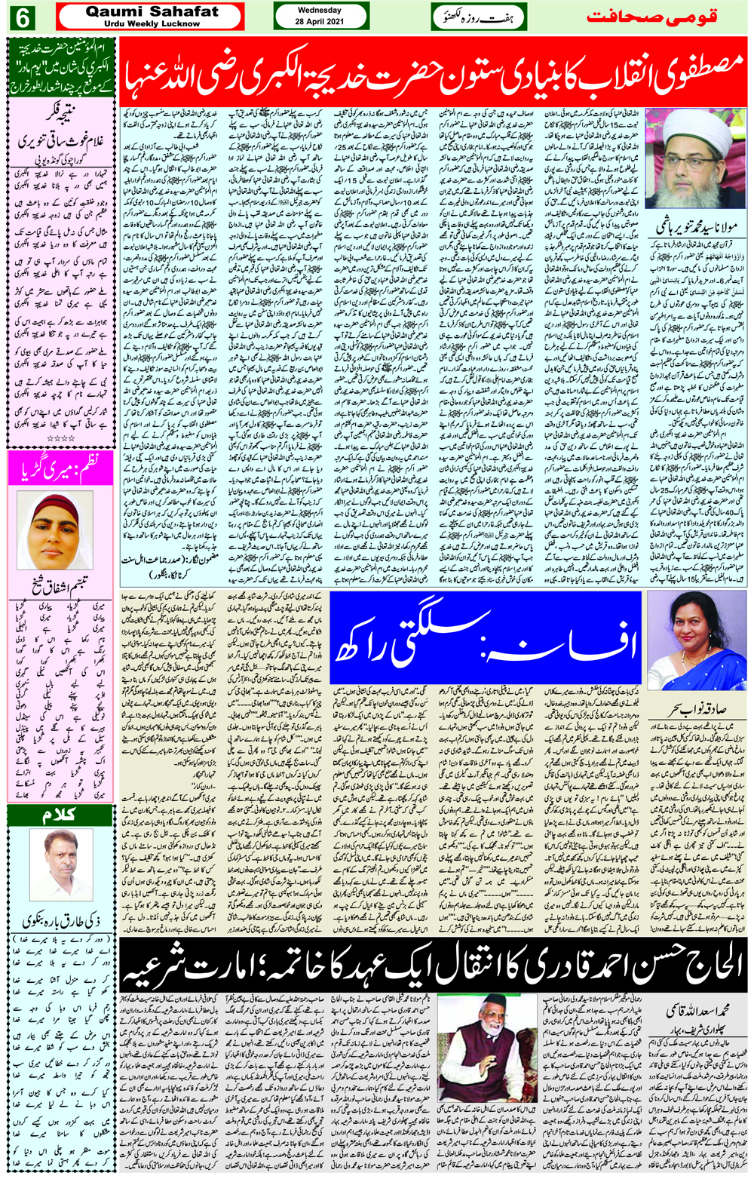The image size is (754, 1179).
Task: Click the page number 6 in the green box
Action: [x=22, y=17]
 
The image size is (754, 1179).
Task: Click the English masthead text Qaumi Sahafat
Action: [x=152, y=11]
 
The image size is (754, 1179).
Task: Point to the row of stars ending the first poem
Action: [x=60, y=438]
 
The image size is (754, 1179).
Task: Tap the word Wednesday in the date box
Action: [x=320, y=11]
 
